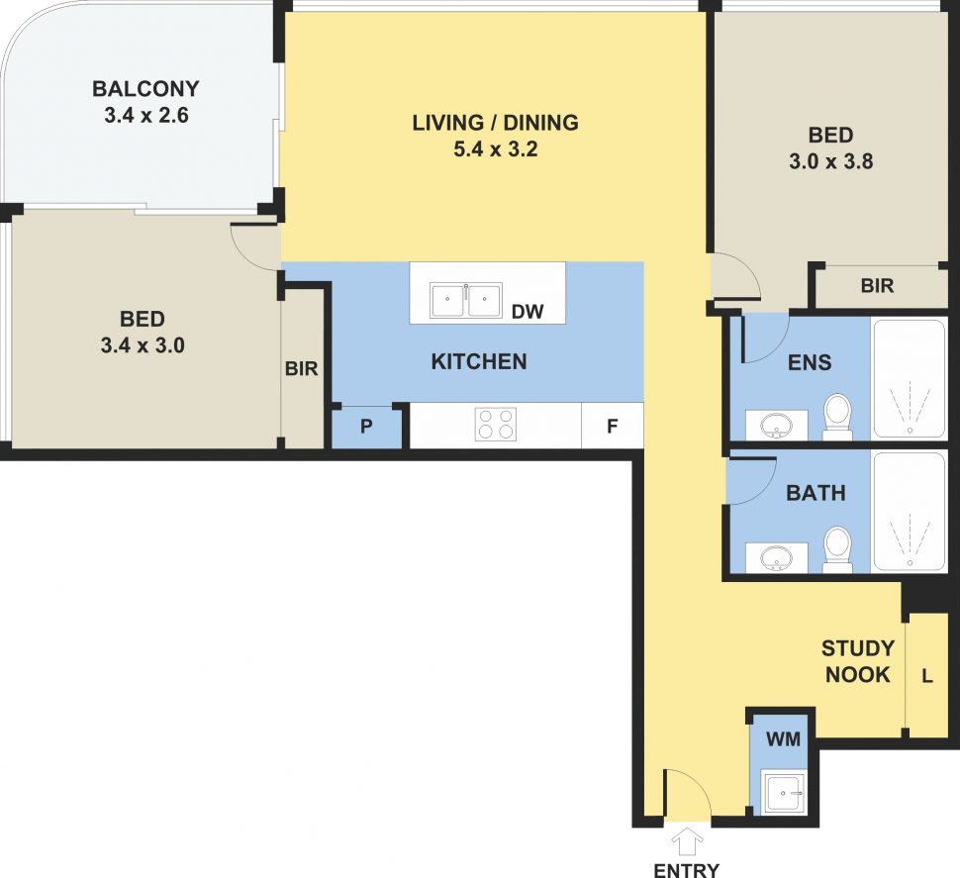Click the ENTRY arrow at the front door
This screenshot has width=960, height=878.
(x=687, y=843)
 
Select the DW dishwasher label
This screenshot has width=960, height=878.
(x=528, y=312)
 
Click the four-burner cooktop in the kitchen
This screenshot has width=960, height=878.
(x=496, y=425)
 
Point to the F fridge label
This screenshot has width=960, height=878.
(x=612, y=428)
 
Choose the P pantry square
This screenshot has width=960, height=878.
(x=365, y=428)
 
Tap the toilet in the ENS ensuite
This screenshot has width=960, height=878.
(x=837, y=418)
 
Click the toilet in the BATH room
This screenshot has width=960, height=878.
(x=837, y=549)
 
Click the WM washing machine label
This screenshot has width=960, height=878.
(x=781, y=737)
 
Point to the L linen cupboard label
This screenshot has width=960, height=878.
(x=926, y=676)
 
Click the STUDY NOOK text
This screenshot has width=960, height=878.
(x=857, y=662)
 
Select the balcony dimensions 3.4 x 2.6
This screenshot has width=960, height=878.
(x=145, y=115)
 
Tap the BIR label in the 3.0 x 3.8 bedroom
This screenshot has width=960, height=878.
(x=877, y=286)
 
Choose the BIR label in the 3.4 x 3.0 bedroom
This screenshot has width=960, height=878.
(x=301, y=368)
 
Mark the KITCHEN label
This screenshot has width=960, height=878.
(x=479, y=361)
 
